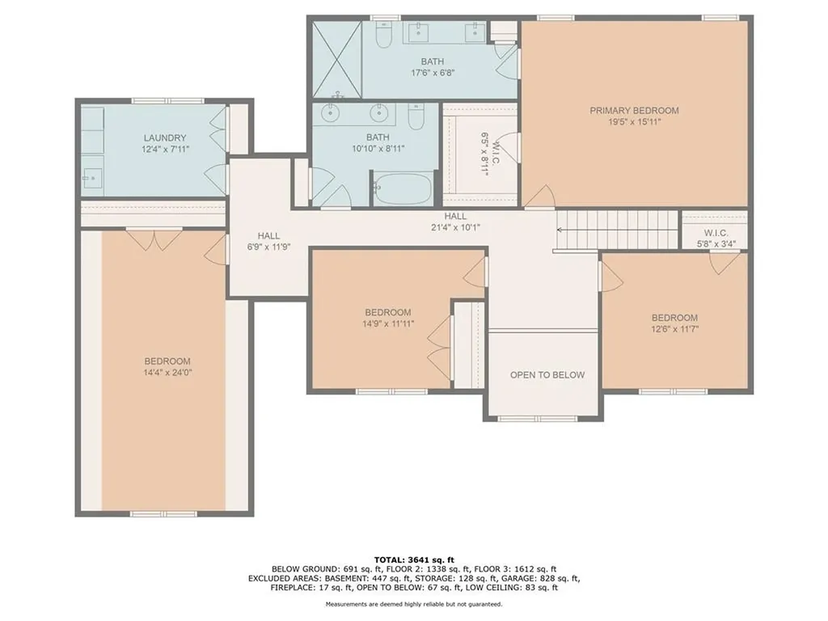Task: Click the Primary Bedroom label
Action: tap(634, 110)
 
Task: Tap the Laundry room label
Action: tap(165, 137)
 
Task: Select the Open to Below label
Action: tap(547, 375)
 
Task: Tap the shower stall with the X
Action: tap(336, 58)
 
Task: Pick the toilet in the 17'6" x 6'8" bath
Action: tap(382, 34)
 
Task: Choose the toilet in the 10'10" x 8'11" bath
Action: tap(416, 118)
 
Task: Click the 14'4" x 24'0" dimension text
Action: tap(167, 373)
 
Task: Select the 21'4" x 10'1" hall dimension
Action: tap(455, 227)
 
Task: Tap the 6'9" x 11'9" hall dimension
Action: tap(268, 247)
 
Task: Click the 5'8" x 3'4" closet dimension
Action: tap(716, 244)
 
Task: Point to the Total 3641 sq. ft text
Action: tap(414, 560)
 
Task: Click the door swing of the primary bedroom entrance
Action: tap(539, 196)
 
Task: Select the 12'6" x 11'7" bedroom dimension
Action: tap(674, 329)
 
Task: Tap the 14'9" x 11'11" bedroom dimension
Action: tap(388, 323)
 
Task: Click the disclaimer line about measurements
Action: tap(414, 604)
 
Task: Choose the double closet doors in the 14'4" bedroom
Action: tap(154, 239)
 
